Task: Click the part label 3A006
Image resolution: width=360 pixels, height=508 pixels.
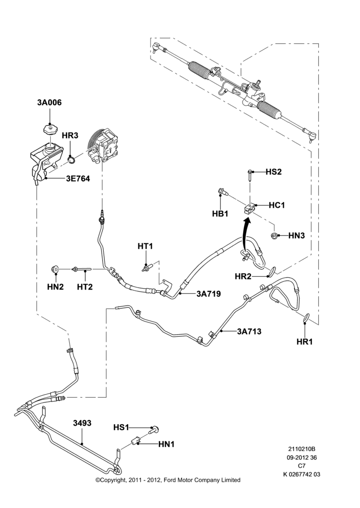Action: [49, 103]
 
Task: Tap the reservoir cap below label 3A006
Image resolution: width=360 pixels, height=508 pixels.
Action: [50, 130]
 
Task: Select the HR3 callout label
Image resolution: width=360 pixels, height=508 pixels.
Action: [70, 136]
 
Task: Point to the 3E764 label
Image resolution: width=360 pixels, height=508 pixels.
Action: [78, 178]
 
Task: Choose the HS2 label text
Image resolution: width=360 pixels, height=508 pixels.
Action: [274, 172]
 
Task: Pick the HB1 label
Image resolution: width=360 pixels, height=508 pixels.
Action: [220, 214]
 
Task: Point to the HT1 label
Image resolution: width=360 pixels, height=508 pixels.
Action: [145, 246]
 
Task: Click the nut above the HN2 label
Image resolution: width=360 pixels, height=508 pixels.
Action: [55, 268]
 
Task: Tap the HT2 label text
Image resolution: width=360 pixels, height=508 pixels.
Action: [84, 287]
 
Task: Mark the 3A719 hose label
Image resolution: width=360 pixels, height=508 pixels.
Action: [208, 294]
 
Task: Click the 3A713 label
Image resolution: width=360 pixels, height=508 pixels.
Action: [249, 331]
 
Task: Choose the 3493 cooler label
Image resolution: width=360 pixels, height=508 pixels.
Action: [82, 423]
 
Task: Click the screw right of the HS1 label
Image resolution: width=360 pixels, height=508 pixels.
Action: [154, 430]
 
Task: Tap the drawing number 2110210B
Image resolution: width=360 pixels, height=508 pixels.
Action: [302, 449]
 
